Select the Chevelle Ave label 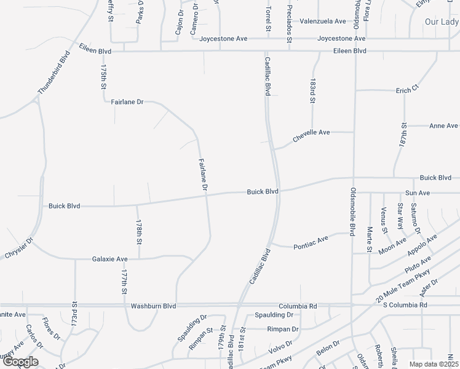coord(311,136)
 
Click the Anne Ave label coord(443,126)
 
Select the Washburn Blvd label coord(153,306)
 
